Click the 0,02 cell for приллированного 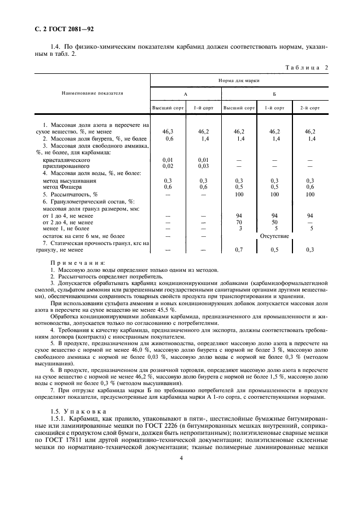point(168,166)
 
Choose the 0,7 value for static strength point(238,250)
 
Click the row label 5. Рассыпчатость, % point(70,194)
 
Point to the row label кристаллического point(68,160)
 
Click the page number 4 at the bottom point(181,460)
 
